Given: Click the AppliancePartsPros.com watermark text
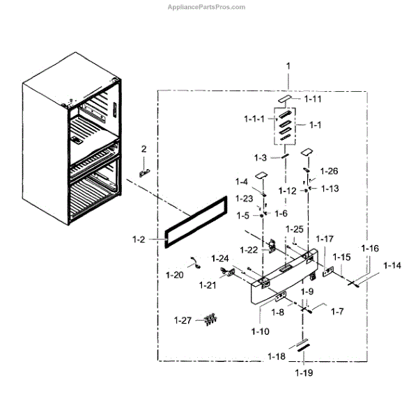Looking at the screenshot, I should (208, 7).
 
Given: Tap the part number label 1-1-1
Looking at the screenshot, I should (254, 120).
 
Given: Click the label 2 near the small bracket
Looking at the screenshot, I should (144, 149).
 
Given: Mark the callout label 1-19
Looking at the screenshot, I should (303, 373).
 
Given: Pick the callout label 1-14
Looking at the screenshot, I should (392, 265).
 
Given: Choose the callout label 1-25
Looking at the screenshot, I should (295, 229).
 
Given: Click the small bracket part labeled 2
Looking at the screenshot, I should (146, 171).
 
